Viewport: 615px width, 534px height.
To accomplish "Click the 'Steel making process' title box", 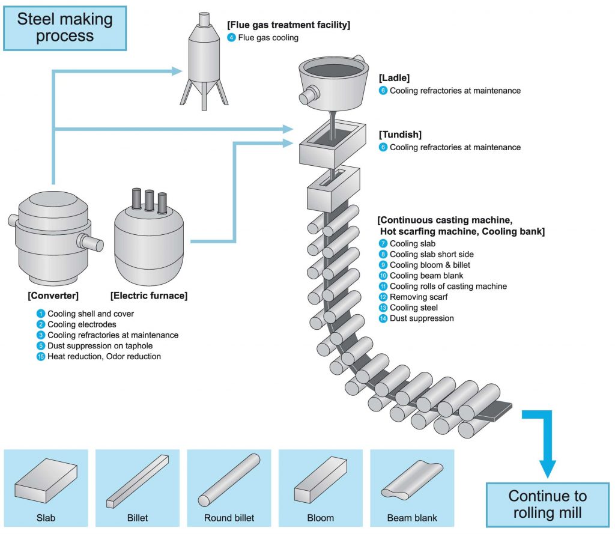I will tap(64, 28).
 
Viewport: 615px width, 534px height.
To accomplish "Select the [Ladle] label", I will tap(394, 78).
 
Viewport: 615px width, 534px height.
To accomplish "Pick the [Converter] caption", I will tap(53, 296).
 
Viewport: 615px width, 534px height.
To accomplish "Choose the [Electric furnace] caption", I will tap(149, 296).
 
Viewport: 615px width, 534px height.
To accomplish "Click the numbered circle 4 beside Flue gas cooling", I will tap(231, 38).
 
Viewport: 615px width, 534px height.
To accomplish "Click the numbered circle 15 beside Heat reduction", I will tap(41, 357).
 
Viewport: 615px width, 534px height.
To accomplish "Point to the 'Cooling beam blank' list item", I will tap(426, 276).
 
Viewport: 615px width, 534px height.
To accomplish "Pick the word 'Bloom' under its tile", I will tap(321, 518).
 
